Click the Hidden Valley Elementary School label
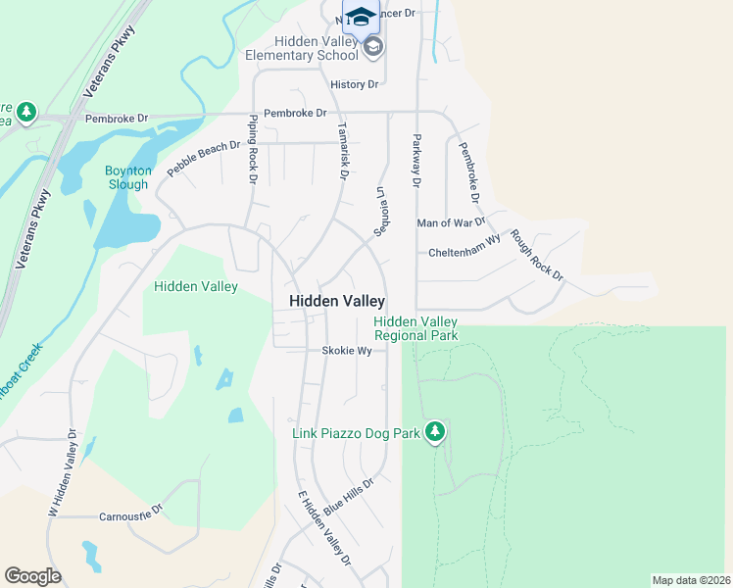[317, 49]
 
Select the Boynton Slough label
[128, 177]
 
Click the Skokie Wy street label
[347, 351]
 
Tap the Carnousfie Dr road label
[130, 515]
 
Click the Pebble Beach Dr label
[203, 159]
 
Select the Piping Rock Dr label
[253, 149]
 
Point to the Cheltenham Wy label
[464, 253]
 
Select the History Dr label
[354, 85]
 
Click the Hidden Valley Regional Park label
[415, 328]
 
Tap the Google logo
[32, 575]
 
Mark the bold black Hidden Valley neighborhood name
[337, 302]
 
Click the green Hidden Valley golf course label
[196, 287]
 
